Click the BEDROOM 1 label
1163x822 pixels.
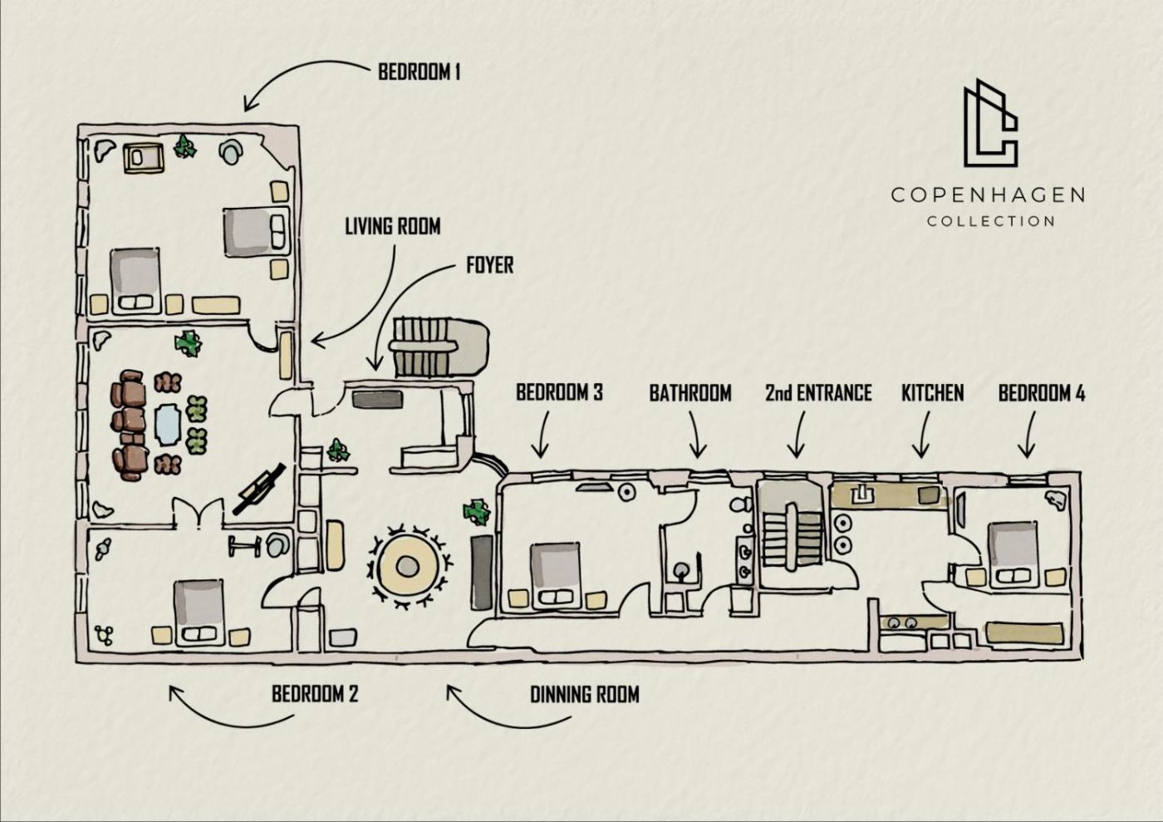pyautogui.click(x=419, y=71)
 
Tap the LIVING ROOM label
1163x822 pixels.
pyautogui.click(x=392, y=226)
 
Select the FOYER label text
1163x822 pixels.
pyautogui.click(x=489, y=265)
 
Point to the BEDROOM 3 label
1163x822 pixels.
pyautogui.click(x=559, y=392)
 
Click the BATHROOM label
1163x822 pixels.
pyautogui.click(x=690, y=392)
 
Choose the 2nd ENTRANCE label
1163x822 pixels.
pyautogui.click(x=818, y=392)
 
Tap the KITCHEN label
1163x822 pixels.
pyautogui.click(x=932, y=392)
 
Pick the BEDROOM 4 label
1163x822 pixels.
pyautogui.click(x=1041, y=392)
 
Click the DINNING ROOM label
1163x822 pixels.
pyautogui.click(x=584, y=694)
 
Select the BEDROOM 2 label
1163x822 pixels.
pyautogui.click(x=314, y=694)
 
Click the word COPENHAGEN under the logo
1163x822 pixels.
pyautogui.click(x=988, y=195)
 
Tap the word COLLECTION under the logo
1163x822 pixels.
pyautogui.click(x=991, y=221)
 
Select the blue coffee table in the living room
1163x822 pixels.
pyautogui.click(x=168, y=425)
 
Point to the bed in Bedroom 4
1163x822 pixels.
pyautogui.click(x=1013, y=553)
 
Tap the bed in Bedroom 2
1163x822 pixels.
pyautogui.click(x=199, y=613)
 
